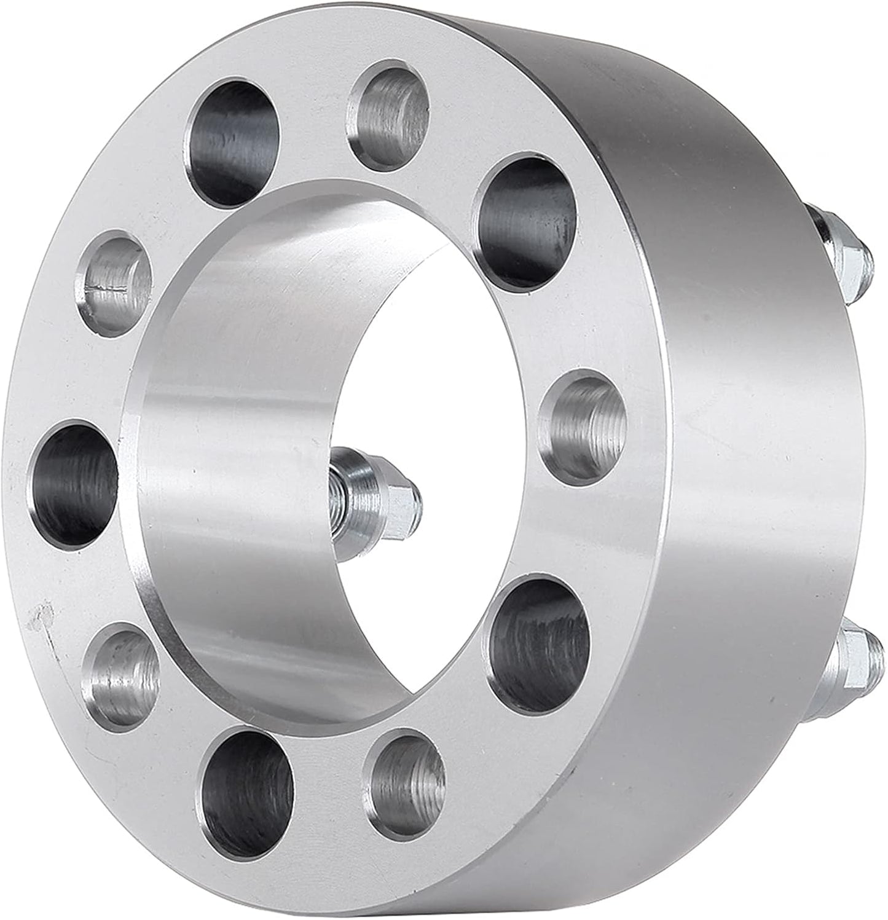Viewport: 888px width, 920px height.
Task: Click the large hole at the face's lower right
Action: click(x=539, y=635)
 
